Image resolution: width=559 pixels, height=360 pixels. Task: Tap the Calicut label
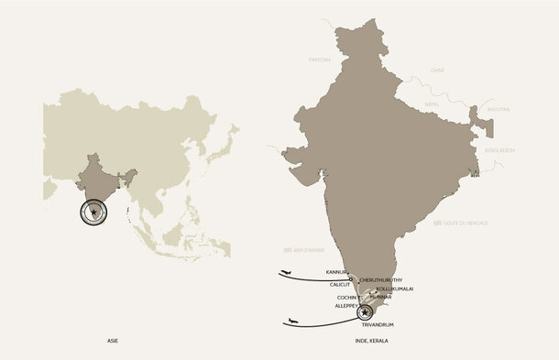pos(340,284)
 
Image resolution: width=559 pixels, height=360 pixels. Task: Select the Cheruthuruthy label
pos(380,279)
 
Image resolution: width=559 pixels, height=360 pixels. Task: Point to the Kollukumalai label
pos(395,289)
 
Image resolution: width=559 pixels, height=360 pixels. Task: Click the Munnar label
pos(381,297)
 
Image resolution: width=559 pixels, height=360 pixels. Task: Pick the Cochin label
pos(346,297)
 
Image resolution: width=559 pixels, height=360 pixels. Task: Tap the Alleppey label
pos(348,306)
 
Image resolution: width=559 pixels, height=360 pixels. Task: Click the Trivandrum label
pos(378,325)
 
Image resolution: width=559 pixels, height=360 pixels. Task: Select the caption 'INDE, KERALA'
pos(371,341)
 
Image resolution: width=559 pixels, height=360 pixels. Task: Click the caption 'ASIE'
pos(113,341)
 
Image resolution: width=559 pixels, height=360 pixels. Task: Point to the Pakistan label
pos(319,59)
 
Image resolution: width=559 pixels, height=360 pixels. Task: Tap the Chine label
pos(437,70)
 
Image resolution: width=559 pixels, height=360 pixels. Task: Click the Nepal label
pos(433,104)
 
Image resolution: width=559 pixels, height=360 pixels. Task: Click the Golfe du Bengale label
pos(471,223)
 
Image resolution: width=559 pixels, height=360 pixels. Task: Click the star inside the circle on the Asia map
pos(93,213)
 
